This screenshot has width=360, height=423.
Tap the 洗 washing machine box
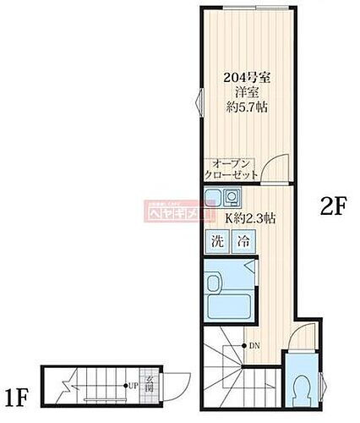click(x=218, y=239)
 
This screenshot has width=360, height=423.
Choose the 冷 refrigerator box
click(x=243, y=239)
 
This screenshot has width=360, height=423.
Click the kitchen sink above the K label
click(x=214, y=200)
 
